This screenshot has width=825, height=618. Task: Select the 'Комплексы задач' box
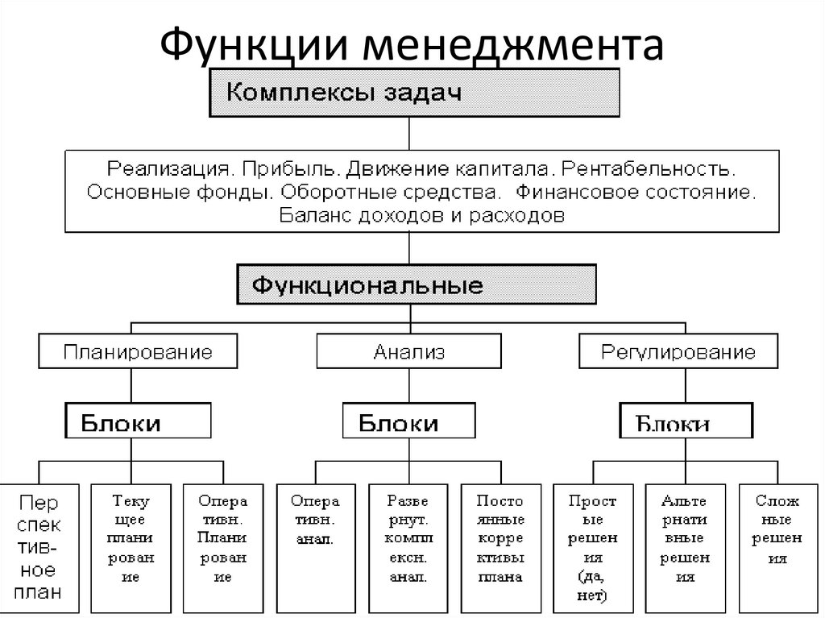point(414,93)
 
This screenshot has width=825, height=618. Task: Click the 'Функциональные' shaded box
point(417,285)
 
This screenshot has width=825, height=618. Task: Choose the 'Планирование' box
point(139,352)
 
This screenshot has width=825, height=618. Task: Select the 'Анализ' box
point(408,352)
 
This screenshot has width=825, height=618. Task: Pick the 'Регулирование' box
point(678,352)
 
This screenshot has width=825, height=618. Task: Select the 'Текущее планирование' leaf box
point(131,548)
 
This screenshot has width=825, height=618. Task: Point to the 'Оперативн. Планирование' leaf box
point(224,548)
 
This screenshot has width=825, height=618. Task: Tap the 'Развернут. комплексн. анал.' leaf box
point(408,548)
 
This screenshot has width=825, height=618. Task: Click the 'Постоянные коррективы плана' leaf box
point(500,548)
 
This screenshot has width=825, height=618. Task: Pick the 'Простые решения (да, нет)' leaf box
point(593,548)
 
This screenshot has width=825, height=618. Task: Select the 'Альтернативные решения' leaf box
point(685,548)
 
